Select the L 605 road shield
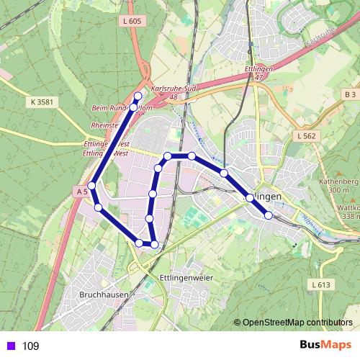[132, 22]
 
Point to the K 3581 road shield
[43, 102]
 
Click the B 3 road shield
[350, 94]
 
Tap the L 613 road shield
[321, 284]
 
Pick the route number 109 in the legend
[31, 346]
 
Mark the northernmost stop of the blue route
[138, 96]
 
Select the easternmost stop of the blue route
[268, 215]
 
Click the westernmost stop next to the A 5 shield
[91, 186]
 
